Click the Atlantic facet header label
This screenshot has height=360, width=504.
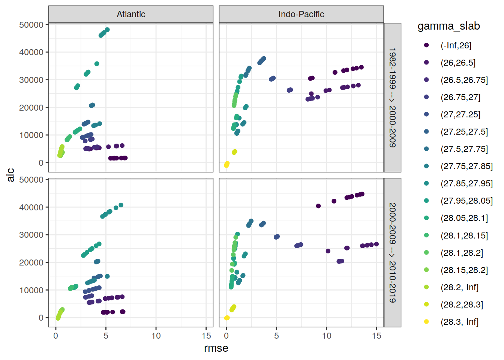131,14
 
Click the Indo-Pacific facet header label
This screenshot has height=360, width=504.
301,14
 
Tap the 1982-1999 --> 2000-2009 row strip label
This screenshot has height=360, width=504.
392,97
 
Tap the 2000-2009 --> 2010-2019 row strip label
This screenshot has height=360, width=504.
392,252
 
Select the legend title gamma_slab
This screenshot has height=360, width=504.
448,26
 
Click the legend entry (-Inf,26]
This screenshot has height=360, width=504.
456,45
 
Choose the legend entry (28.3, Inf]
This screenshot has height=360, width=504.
459,322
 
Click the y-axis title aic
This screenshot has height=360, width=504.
10,175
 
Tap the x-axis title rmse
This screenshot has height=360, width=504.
216,348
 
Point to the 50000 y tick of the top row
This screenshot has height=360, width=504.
31,25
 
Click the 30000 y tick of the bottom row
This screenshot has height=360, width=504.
31,235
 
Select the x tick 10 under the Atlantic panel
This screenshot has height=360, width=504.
156,336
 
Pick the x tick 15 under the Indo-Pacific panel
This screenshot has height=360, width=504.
376,336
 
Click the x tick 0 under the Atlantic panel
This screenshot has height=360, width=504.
56,336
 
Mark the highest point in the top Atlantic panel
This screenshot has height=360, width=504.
107,30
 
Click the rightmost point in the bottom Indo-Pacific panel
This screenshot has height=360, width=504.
376,244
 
